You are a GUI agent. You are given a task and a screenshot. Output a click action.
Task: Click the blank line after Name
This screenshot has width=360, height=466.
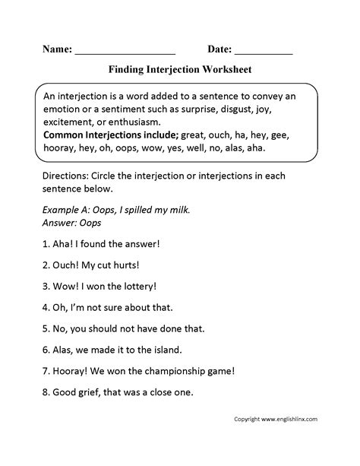coord(125,52)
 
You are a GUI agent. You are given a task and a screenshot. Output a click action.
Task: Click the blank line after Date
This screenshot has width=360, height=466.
coord(263,52)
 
